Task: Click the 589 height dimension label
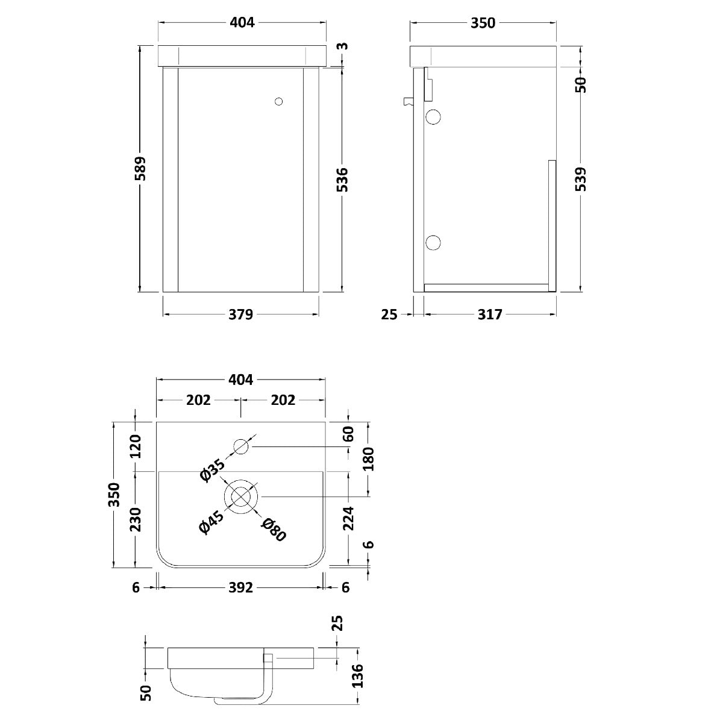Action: click(140, 169)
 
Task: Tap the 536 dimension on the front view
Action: click(342, 180)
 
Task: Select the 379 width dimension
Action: click(241, 315)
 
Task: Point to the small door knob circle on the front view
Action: click(278, 101)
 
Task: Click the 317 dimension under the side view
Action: click(490, 315)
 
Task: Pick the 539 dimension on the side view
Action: click(580, 179)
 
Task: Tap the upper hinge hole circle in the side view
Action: click(433, 117)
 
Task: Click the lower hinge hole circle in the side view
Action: click(433, 243)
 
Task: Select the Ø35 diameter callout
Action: click(212, 470)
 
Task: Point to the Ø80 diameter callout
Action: click(274, 530)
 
